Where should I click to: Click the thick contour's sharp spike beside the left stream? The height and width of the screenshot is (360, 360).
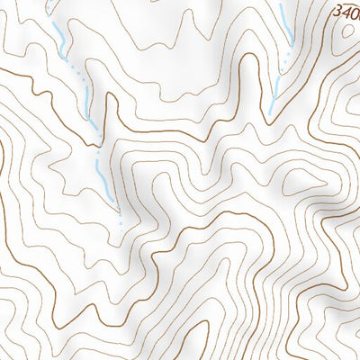click(109, 96)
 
